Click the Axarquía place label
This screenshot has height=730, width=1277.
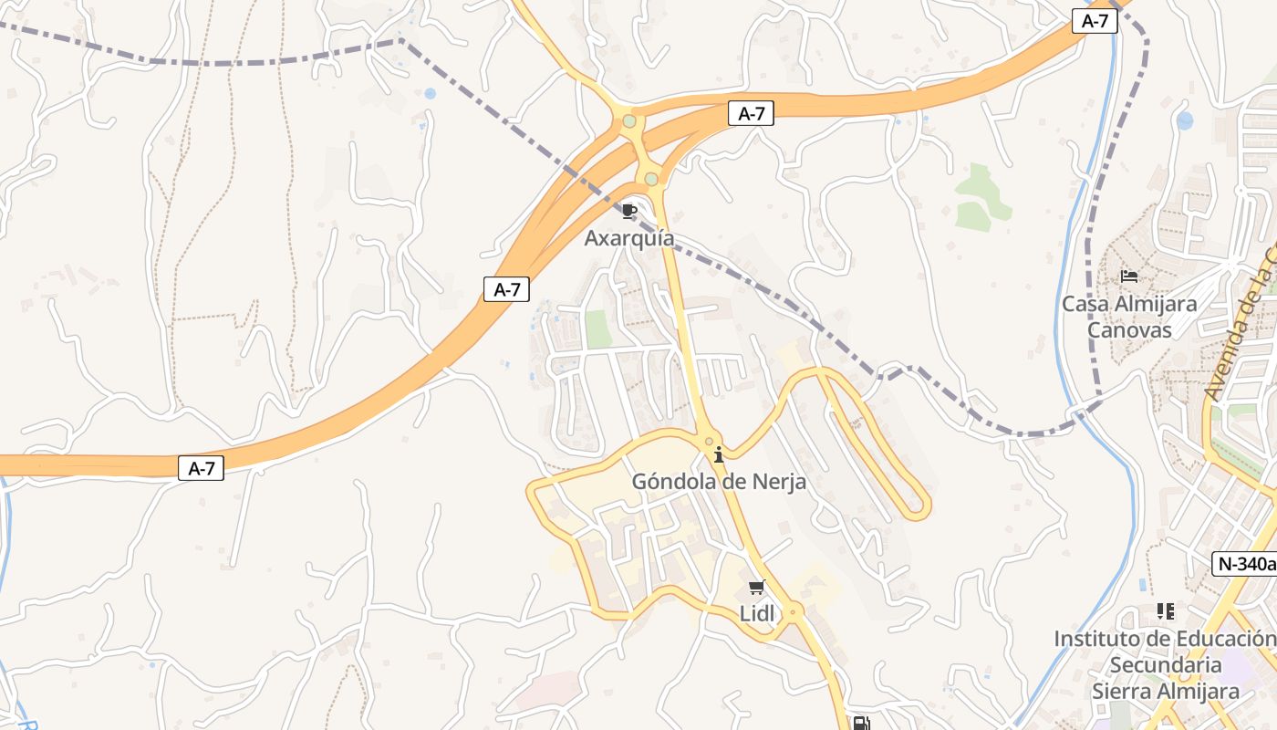point(629,239)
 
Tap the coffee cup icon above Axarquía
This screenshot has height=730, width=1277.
point(628,212)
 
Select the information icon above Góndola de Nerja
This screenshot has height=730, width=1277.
point(719,454)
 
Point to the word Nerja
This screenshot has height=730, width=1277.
point(776,482)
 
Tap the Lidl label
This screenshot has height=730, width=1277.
point(757,614)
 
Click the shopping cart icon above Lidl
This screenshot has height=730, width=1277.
point(756,587)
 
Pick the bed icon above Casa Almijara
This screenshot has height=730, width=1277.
point(1129,276)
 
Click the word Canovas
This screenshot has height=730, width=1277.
point(1129,329)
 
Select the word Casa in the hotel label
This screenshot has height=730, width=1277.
point(1085,304)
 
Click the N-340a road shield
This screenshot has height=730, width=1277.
point(1245,564)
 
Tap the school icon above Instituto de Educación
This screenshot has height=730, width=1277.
point(1165,610)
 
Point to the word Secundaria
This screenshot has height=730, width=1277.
point(1166,665)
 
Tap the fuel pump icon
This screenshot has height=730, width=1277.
point(860,724)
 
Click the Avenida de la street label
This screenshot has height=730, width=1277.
point(1241,328)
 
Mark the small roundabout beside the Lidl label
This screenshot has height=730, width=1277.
point(794,610)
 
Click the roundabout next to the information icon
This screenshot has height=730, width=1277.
point(709,442)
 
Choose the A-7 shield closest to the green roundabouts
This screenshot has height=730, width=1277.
point(751,114)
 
